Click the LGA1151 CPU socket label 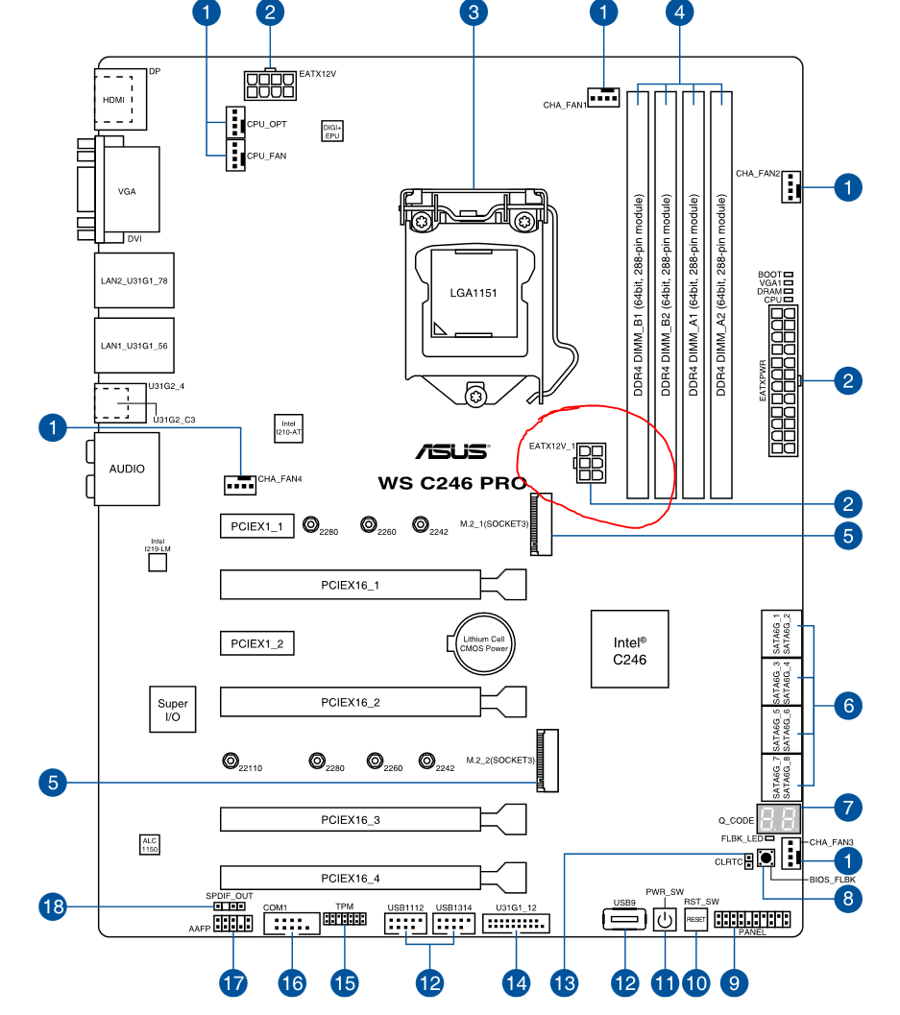(474, 293)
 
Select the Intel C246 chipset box (629, 649)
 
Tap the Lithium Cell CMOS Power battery (484, 643)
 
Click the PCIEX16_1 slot (373, 585)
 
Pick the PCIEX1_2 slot (257, 643)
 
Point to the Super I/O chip (172, 710)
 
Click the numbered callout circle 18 (53, 906)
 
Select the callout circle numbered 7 (848, 808)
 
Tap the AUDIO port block (127, 469)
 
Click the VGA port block (127, 190)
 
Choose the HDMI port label (114, 100)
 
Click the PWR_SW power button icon (665, 919)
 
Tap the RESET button (696, 919)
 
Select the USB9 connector (625, 919)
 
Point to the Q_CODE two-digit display (778, 819)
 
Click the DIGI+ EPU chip (332, 132)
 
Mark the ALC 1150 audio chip (150, 845)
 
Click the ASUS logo (452, 451)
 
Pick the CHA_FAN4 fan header (240, 485)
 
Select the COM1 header (292, 924)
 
